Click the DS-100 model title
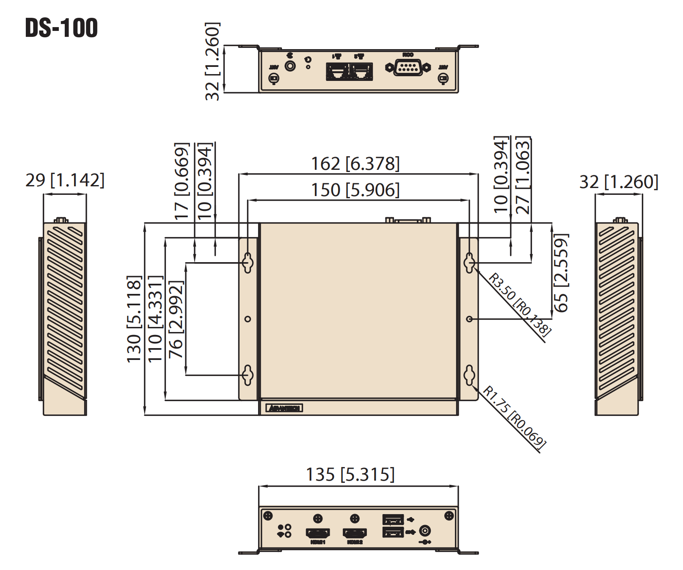point(61,28)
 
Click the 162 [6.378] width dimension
point(355,164)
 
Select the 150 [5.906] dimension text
point(355,190)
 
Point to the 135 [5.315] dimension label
point(350,475)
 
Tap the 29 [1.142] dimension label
point(65,180)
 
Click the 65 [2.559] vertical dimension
point(561,273)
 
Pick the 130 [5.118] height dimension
point(134,319)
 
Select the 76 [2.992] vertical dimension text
point(176,319)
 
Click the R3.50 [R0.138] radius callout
point(520,304)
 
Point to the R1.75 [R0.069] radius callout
point(514,417)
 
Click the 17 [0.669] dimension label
point(182,181)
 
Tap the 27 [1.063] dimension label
point(523,175)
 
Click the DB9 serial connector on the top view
point(408,67)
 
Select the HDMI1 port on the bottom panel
point(317,533)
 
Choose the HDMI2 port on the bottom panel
point(355,533)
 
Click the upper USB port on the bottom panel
point(393,519)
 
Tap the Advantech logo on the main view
point(284,408)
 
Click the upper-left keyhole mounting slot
point(248,263)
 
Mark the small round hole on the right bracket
point(469,319)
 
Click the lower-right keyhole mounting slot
point(469,375)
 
